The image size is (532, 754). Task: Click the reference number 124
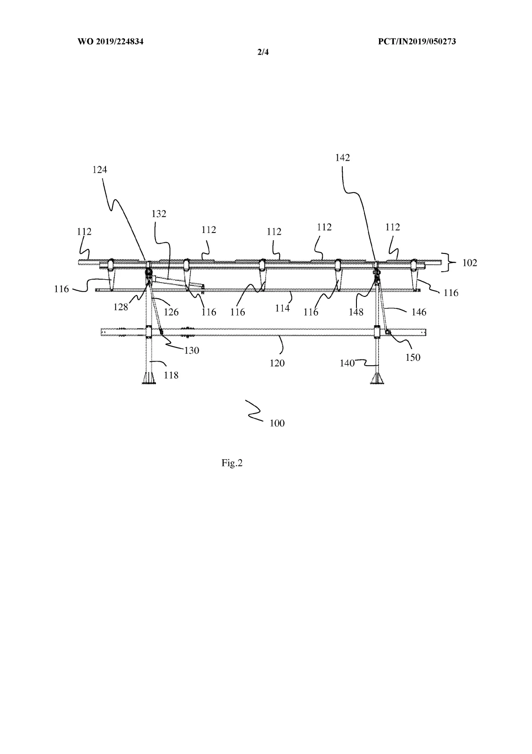tap(100, 170)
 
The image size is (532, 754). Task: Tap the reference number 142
tap(343, 158)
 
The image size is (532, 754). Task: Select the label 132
tap(159, 214)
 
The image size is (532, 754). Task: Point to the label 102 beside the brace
tap(469, 263)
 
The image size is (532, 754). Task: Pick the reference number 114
tap(282, 308)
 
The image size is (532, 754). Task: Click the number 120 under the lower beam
tap(277, 363)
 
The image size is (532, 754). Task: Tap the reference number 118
tap(171, 375)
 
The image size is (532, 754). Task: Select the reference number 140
tap(347, 363)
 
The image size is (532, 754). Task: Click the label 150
tap(413, 357)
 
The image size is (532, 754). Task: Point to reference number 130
tap(192, 351)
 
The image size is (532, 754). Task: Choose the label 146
tap(419, 312)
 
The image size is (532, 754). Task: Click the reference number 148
tap(356, 312)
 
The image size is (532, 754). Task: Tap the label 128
tap(121, 307)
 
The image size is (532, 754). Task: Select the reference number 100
tap(277, 423)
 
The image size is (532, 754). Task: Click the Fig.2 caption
tap(232, 463)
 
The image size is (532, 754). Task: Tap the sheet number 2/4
tap(263, 52)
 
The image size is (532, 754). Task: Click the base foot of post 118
tap(149, 379)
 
